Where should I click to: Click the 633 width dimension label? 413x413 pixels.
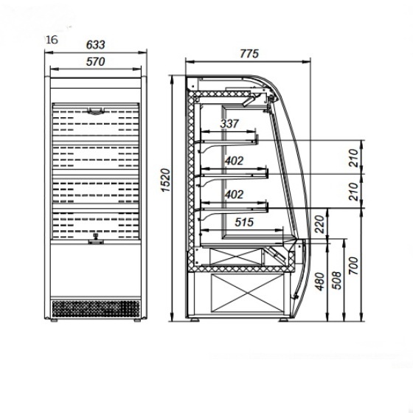pos(95,45)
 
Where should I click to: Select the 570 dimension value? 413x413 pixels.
pos(95,62)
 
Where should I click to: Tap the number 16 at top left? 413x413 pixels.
pos(52,40)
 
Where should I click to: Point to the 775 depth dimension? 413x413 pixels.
pos(249,54)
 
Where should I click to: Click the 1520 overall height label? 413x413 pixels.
pos(166,180)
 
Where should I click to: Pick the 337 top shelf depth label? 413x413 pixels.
pos(229,124)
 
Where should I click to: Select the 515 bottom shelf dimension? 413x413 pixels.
pos(244,222)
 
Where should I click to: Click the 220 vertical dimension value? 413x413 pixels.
pos(320,224)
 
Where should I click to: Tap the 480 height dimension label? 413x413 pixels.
pos(320,282)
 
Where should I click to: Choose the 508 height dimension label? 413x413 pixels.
pos(338,280)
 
